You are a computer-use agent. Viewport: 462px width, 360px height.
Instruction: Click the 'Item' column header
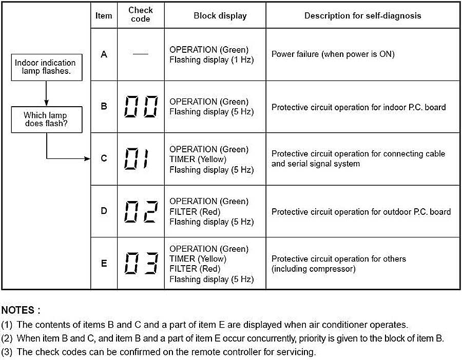tap(104, 15)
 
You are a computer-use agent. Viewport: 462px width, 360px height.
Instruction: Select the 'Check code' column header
tap(140, 15)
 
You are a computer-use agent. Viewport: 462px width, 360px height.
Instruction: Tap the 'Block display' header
tap(220, 15)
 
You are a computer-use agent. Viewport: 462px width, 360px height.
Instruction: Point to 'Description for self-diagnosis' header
tap(362, 15)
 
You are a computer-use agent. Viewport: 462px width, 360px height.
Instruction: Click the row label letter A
tap(104, 54)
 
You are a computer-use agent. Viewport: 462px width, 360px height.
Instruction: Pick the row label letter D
tap(104, 211)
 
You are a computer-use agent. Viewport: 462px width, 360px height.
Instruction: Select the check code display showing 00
tap(141, 107)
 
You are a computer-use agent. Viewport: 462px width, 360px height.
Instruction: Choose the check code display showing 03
tap(141, 264)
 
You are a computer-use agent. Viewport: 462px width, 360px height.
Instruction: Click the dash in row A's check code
tap(141, 54)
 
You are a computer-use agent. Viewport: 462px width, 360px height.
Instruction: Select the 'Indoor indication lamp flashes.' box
tap(46, 67)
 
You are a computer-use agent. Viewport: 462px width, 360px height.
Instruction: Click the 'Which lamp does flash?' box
tap(46, 119)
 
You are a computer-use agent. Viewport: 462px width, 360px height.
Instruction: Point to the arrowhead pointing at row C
tap(88, 159)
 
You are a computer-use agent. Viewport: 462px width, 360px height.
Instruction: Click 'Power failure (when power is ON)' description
tap(333, 54)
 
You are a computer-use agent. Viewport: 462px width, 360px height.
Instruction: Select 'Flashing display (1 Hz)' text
tap(211, 59)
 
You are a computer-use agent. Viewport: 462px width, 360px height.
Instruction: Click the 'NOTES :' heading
tap(21, 310)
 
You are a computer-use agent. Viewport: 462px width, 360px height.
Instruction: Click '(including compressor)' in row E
tap(313, 269)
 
